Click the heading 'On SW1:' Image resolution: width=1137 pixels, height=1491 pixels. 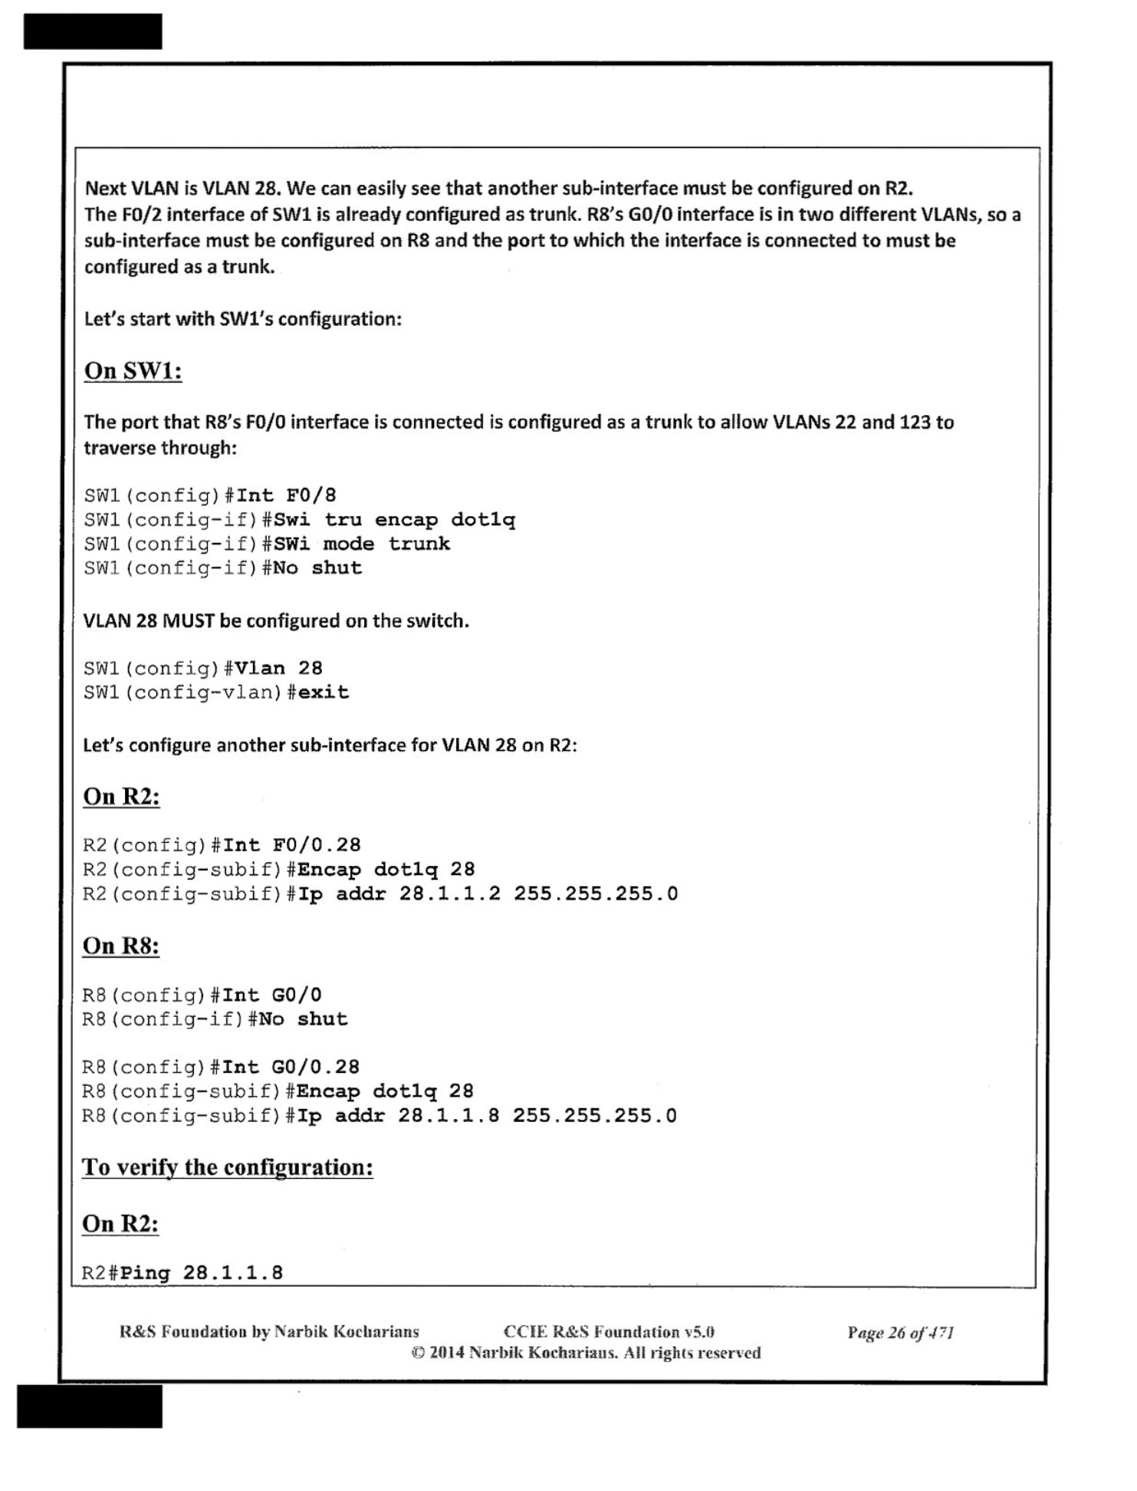[x=133, y=371]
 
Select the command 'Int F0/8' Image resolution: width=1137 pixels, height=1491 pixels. [x=286, y=495]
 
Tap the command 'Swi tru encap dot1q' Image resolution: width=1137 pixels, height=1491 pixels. [x=394, y=520]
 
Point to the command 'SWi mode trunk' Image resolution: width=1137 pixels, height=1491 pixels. [x=361, y=544]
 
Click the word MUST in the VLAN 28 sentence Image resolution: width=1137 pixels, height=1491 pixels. [x=188, y=620]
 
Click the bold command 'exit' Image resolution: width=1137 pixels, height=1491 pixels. [x=323, y=693]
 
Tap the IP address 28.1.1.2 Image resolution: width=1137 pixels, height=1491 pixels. [x=449, y=894]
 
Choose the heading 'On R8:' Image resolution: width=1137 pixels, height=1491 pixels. [x=121, y=946]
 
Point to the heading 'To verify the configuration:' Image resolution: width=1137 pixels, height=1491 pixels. [x=227, y=1167]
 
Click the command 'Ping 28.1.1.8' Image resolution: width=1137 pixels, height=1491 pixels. [x=202, y=1273]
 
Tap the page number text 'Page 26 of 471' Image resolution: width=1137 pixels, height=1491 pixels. [x=900, y=1333]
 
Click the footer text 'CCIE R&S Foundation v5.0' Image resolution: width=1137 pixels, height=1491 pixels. [x=608, y=1332]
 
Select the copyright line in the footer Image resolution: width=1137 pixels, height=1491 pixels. [x=586, y=1353]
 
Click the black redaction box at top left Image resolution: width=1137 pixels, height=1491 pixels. [x=93, y=31]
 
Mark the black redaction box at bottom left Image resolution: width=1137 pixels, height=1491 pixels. [x=90, y=1406]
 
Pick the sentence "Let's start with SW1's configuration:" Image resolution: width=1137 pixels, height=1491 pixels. [x=242, y=319]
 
